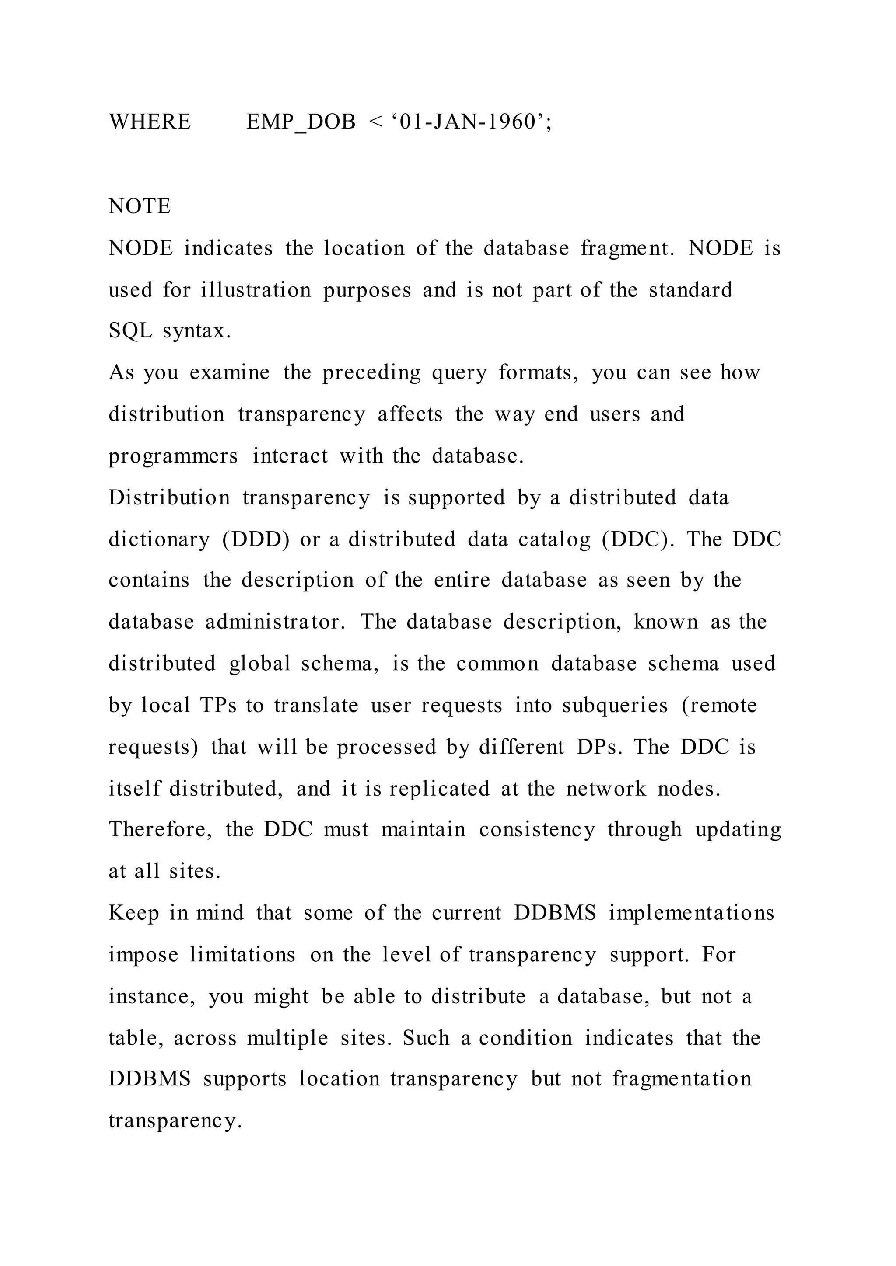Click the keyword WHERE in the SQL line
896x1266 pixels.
[150, 121]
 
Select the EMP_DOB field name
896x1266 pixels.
[301, 121]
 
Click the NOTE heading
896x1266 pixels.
[140, 206]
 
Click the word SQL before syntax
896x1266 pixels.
[130, 330]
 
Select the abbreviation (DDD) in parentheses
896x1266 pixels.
[255, 539]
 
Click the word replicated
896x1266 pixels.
[439, 789]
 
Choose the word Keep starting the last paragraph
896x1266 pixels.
[133, 913]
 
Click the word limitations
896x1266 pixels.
[242, 954]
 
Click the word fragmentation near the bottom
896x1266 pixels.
[682, 1079]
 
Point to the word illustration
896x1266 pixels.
[256, 289]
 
